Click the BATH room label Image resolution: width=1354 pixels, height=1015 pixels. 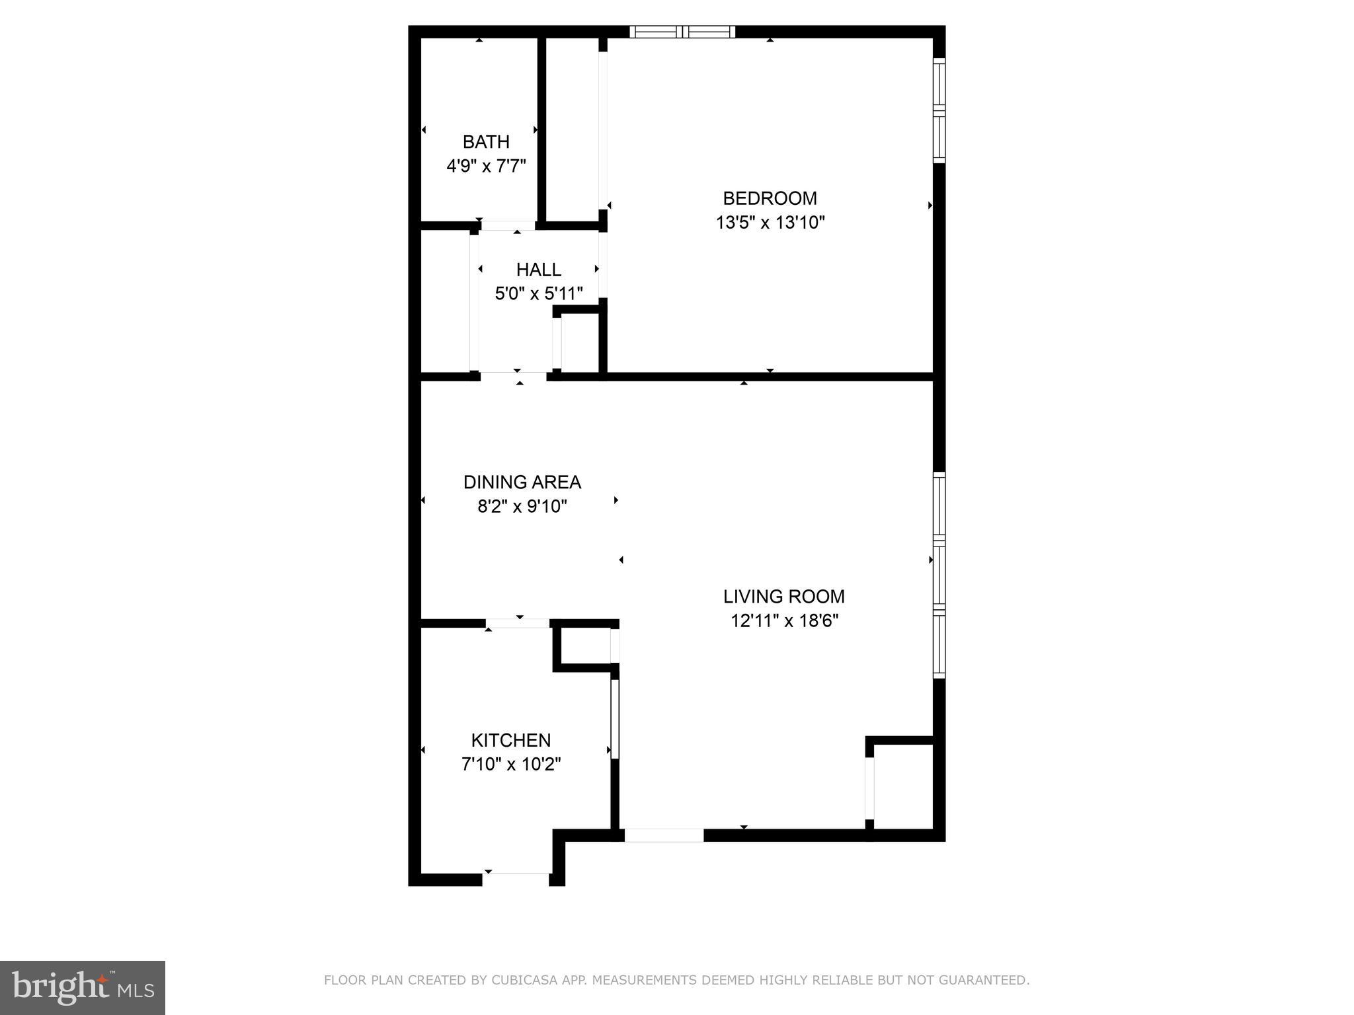[486, 142]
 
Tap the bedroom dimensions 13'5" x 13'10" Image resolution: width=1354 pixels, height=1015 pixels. [770, 223]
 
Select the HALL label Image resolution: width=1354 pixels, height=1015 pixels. [539, 270]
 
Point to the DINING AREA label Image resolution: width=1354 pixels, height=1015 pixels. [522, 482]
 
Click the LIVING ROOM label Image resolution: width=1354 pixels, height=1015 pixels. [784, 597]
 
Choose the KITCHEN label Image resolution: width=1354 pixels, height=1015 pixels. [511, 740]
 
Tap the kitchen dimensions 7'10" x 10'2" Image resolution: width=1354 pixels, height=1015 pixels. [511, 765]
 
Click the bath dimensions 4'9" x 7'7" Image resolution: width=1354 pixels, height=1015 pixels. [486, 166]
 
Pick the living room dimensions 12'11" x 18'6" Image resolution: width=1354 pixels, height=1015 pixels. [784, 621]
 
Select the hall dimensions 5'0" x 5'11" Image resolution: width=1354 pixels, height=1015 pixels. [539, 293]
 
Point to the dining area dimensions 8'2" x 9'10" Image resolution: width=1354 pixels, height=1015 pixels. [522, 507]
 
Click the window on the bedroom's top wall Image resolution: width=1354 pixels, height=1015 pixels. [682, 32]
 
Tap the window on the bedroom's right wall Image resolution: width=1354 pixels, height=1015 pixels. [939, 110]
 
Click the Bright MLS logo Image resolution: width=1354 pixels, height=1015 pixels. [83, 987]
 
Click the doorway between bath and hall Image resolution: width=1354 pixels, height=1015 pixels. [508, 226]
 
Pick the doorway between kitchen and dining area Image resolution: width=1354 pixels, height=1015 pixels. [518, 623]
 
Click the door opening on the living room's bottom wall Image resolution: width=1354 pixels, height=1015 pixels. [664, 835]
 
